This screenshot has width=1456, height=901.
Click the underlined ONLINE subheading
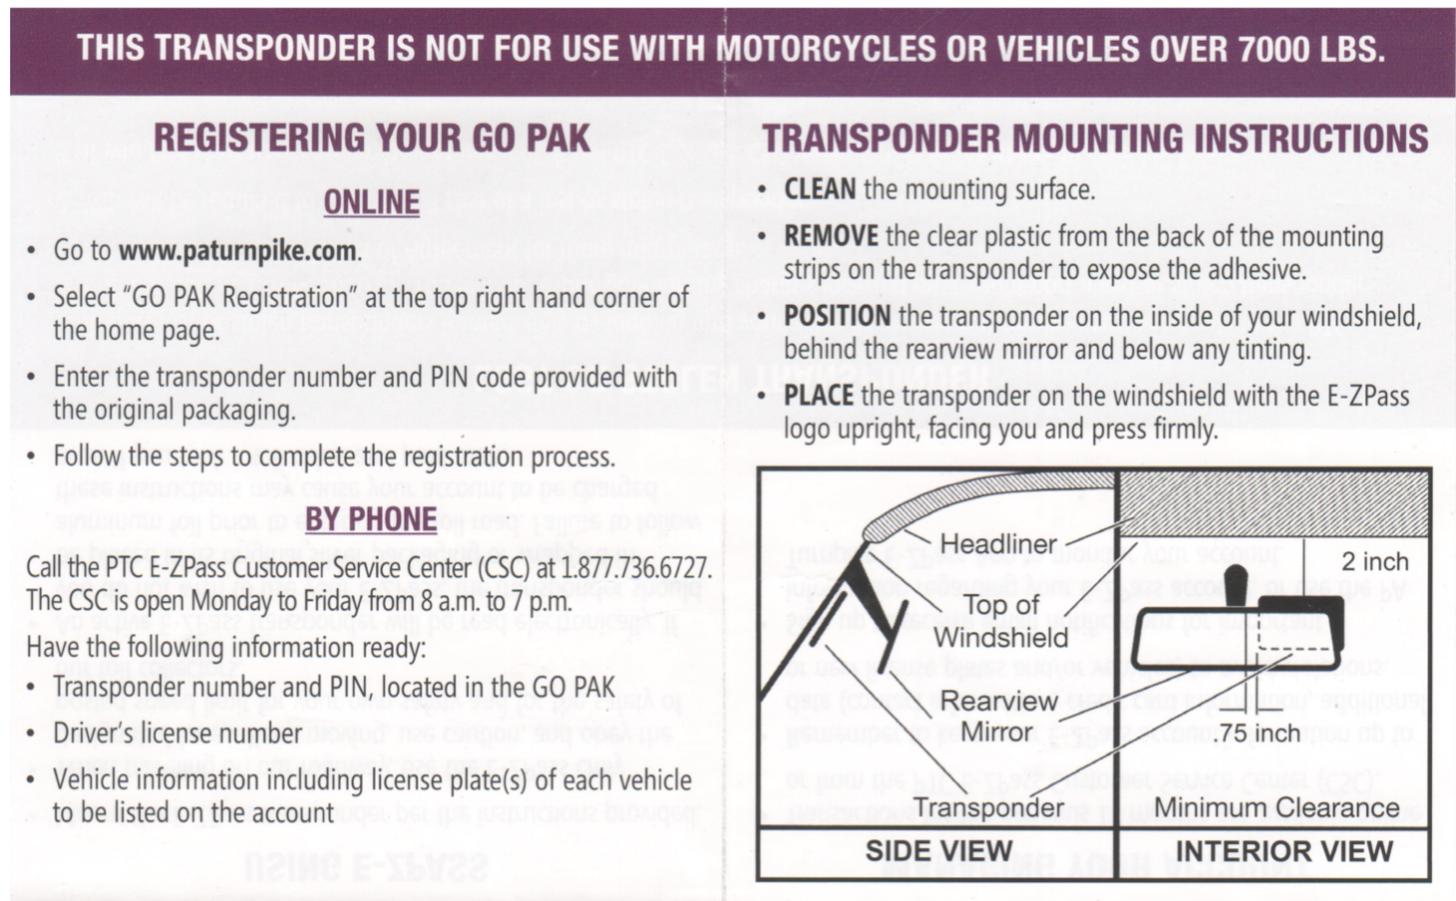tap(371, 202)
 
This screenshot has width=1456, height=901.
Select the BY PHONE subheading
tap(370, 519)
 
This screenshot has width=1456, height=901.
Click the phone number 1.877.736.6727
tap(635, 568)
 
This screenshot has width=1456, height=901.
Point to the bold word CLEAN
tap(820, 189)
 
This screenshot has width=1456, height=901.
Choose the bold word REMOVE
tap(831, 237)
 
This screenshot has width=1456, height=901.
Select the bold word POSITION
tap(837, 316)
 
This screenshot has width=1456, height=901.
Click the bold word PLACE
tap(818, 396)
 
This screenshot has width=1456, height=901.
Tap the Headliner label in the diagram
tap(998, 544)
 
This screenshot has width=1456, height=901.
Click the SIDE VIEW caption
tap(938, 851)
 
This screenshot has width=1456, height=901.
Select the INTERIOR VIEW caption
tap(1284, 851)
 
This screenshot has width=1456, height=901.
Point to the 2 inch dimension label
tap(1374, 562)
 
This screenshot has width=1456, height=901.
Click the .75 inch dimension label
tap(1259, 734)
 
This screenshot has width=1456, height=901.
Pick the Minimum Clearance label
tap(1276, 807)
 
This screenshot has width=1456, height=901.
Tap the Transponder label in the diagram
tap(988, 807)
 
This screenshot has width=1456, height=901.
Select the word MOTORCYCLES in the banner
tap(827, 49)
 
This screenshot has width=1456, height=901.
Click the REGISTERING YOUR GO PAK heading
tap(372, 139)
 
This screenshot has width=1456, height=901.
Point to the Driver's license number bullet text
tap(178, 734)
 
